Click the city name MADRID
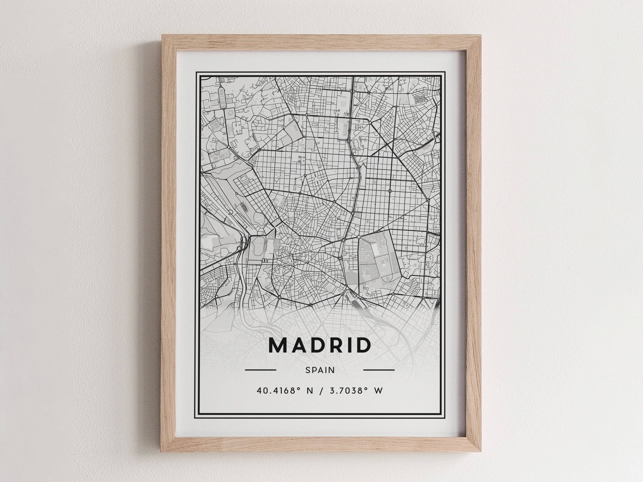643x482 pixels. pos(320,345)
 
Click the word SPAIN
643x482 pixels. pos(320,370)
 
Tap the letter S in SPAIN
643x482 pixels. pos(308,370)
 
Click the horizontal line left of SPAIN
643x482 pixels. pos(261,370)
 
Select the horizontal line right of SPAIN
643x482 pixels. pos(379,370)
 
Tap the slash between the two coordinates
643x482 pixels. pos(321,391)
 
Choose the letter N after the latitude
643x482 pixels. pos(310,391)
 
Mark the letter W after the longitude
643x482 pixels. pos(378,391)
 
